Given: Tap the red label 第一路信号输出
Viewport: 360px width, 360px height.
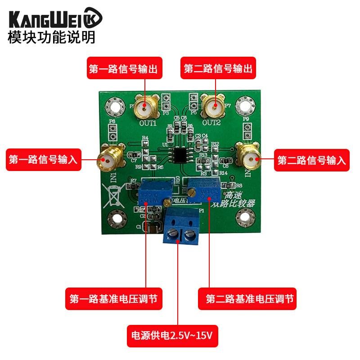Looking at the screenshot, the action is pos(124,69).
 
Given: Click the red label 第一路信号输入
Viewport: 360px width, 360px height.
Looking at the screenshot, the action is pos(44,160).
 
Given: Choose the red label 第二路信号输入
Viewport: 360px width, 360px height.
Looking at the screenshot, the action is pos(312,160).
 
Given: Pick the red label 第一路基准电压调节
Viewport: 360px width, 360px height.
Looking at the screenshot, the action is pos(114,299).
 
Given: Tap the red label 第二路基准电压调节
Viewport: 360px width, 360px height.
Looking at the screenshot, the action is pos(247,299).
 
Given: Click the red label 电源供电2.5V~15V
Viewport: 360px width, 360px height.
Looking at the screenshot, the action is pos(172,336).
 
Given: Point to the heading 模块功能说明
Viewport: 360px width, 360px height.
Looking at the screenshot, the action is pos(51,37).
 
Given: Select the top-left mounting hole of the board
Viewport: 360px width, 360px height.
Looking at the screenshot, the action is pos(114,107).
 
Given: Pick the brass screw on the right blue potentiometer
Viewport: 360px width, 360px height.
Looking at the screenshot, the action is pos(192,193).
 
